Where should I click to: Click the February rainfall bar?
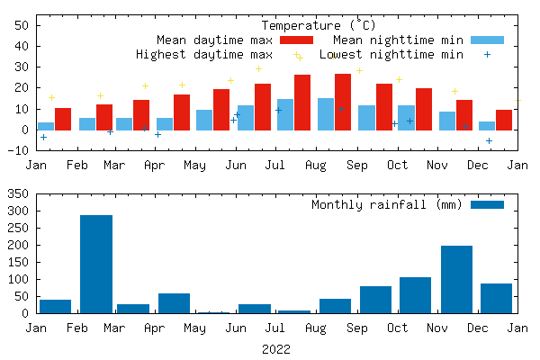click(96, 265)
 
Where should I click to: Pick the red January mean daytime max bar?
click(63, 119)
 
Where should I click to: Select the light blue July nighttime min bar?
click(285, 114)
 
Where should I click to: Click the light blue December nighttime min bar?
click(487, 126)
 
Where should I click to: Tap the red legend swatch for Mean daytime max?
click(296, 40)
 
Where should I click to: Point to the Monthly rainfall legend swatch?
click(488, 204)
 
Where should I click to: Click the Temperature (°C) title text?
click(319, 25)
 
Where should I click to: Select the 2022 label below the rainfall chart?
click(275, 348)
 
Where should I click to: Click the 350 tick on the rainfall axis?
click(19, 193)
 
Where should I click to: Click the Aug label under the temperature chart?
click(316, 166)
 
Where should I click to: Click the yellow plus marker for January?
click(51, 97)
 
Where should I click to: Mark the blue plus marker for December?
click(490, 140)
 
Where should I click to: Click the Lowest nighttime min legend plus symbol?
click(487, 54)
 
